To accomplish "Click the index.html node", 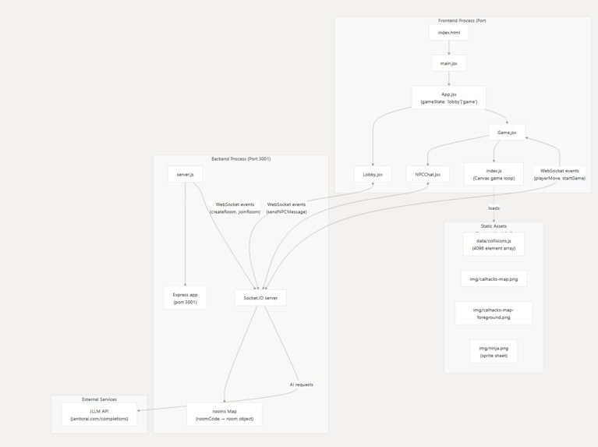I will [x=449, y=33].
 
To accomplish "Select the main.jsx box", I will [x=449, y=63].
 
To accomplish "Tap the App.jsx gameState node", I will [x=449, y=98].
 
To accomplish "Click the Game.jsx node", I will [x=507, y=133].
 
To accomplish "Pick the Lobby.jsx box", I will [x=373, y=174].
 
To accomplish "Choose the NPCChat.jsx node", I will [x=427, y=174].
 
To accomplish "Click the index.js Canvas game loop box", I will [x=494, y=174].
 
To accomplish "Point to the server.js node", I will [x=185, y=174].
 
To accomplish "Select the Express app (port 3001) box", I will [x=185, y=298].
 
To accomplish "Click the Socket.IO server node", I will [x=260, y=297].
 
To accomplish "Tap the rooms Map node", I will [x=225, y=414].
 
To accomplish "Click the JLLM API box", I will [x=99, y=414].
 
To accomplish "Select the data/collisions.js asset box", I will [x=494, y=244].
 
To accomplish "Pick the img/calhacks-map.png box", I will [x=494, y=278].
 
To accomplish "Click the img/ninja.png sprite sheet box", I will [x=494, y=351].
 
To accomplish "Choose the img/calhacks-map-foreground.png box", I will [x=494, y=313].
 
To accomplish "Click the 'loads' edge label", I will [x=494, y=208].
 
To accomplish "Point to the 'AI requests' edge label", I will [x=301, y=385].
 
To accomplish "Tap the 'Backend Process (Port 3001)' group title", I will [x=241, y=158].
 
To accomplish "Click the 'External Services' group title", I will [x=99, y=399].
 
